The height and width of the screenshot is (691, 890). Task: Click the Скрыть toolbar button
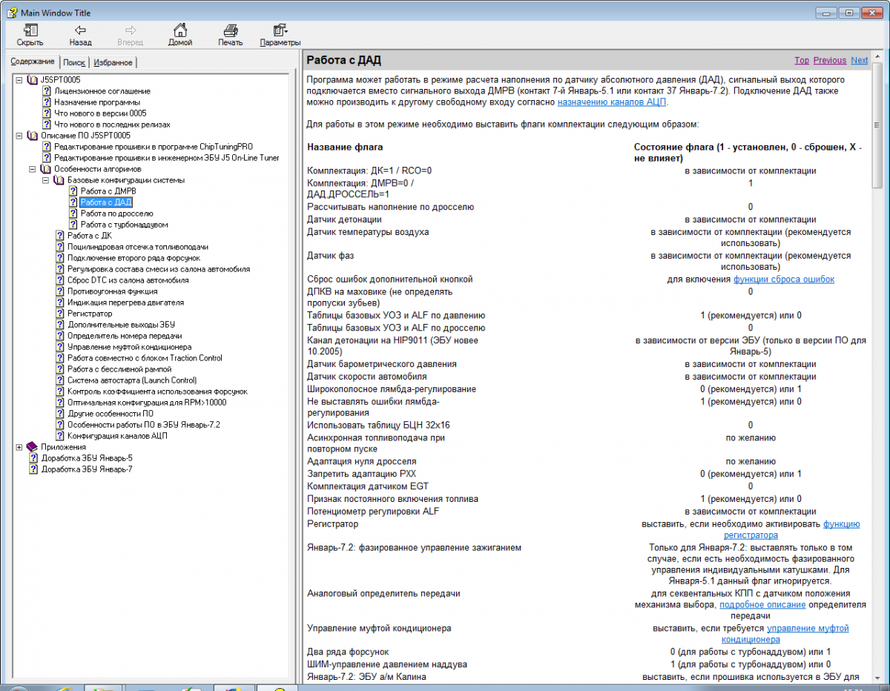pos(30,35)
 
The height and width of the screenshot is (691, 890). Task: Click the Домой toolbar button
pos(179,35)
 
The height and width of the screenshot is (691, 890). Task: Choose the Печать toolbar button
pos(230,35)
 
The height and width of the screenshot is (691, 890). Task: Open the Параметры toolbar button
pos(280,35)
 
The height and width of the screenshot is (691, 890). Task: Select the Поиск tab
pos(74,63)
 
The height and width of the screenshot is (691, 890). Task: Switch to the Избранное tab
pos(113,63)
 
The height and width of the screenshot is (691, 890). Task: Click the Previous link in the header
pos(829,61)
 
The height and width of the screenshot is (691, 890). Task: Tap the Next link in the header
pos(859,61)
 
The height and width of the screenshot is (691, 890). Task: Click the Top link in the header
pos(802,61)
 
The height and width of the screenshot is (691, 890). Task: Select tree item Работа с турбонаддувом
pos(124,225)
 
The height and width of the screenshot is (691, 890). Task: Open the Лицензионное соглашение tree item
pos(97,91)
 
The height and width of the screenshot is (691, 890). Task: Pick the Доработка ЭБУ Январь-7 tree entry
pos(87,469)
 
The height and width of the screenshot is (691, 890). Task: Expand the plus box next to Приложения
pos(19,447)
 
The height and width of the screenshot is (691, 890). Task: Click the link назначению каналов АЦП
pos(612,102)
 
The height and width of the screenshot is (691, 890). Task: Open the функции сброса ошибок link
pos(784,280)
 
